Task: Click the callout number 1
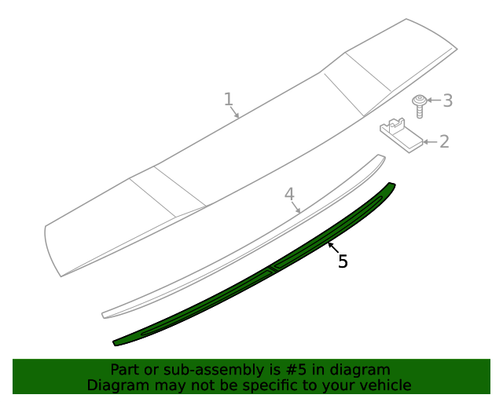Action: pyautogui.click(x=228, y=99)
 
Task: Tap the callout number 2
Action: pyautogui.click(x=444, y=141)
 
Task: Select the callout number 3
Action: pyautogui.click(x=447, y=100)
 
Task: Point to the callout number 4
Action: pyautogui.click(x=288, y=193)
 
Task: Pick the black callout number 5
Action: pyautogui.click(x=343, y=261)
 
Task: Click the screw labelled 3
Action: pyautogui.click(x=420, y=104)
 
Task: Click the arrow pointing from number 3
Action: pyautogui.click(x=435, y=100)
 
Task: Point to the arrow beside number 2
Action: pyautogui.click(x=429, y=142)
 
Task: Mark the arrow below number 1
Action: pyautogui.click(x=235, y=112)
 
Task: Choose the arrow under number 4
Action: pyautogui.click(x=296, y=207)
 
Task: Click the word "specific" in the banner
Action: pyautogui.click(x=266, y=386)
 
